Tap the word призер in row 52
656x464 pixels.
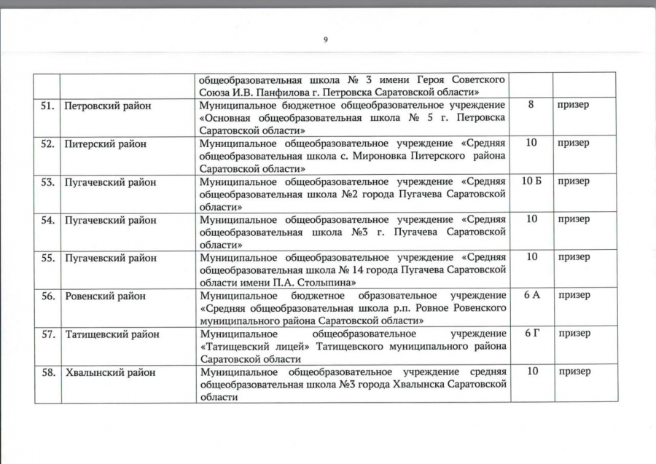click(x=574, y=143)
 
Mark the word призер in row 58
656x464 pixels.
click(x=574, y=372)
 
